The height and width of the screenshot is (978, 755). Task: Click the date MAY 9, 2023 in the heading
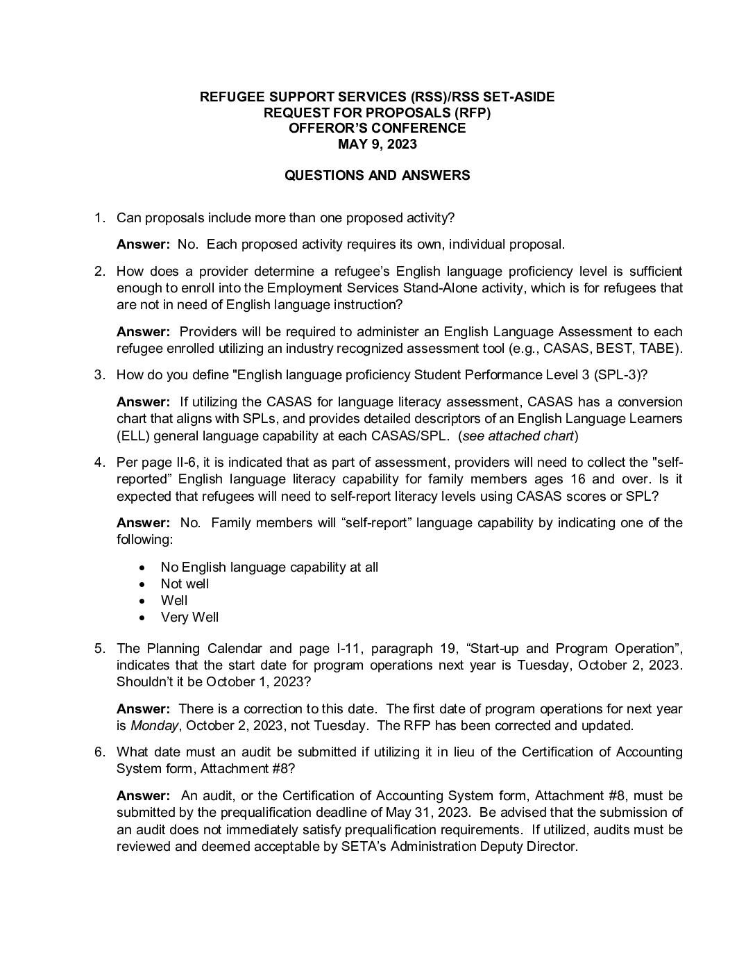pyautogui.click(x=377, y=144)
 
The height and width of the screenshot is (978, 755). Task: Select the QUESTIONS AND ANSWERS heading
pyautogui.click(x=377, y=176)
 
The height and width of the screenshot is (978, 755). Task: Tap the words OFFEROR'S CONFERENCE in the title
pyautogui.click(x=377, y=129)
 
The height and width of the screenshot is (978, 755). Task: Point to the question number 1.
pyautogui.click(x=99, y=218)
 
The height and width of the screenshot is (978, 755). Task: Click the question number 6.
pyautogui.click(x=99, y=752)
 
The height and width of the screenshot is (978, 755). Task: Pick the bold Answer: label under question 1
pyautogui.click(x=143, y=244)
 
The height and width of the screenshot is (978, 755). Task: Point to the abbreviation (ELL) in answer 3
pyautogui.click(x=133, y=436)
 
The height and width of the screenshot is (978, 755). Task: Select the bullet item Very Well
pyautogui.click(x=189, y=618)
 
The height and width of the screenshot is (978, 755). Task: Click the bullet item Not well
pyautogui.click(x=185, y=584)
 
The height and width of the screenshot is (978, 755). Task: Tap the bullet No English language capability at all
pyautogui.click(x=269, y=567)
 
